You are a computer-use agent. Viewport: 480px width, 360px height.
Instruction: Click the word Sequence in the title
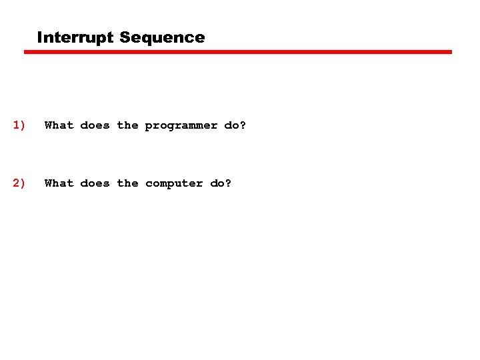(162, 38)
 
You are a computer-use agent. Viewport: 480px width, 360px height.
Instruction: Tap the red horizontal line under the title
(238, 52)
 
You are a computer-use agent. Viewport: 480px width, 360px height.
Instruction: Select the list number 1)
(19, 125)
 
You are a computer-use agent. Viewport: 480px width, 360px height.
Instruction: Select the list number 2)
(19, 183)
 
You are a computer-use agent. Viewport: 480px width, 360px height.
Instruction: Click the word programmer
(181, 126)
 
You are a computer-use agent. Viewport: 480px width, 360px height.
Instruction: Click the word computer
(174, 184)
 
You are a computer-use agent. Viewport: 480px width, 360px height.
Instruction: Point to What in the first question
(59, 125)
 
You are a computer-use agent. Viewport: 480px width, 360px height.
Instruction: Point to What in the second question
(59, 183)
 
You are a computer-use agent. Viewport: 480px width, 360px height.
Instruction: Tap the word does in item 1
(95, 125)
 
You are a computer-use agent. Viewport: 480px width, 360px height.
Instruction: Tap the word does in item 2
(95, 183)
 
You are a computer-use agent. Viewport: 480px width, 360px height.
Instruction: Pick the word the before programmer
(127, 125)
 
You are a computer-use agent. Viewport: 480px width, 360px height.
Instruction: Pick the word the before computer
(127, 183)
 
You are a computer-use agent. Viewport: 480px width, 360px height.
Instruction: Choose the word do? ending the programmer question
(235, 125)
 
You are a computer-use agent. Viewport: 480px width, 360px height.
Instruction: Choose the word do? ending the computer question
(221, 183)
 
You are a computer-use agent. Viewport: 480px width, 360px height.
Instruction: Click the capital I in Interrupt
(40, 38)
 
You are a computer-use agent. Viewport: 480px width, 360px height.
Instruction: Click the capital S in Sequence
(125, 38)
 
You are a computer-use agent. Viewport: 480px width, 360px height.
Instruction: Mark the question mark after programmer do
(243, 125)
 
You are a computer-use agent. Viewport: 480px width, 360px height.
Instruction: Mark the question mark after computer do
(229, 183)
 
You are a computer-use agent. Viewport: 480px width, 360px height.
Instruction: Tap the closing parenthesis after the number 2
(23, 183)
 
